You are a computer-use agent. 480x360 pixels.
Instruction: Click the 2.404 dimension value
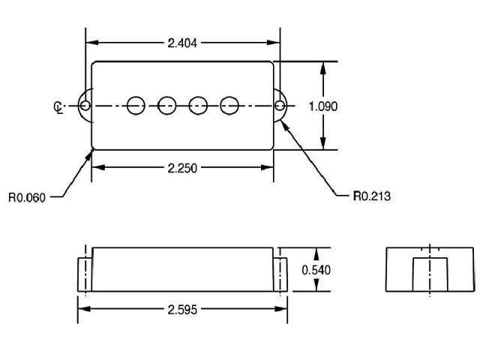coord(182,43)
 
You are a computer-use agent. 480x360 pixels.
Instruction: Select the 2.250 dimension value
coord(182,168)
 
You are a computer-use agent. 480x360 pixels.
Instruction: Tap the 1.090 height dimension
coord(323,106)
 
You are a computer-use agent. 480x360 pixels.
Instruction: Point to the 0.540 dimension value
coord(316,270)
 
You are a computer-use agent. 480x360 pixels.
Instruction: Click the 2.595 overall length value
coord(182,310)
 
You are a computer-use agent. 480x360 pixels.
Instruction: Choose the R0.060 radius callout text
coord(27,197)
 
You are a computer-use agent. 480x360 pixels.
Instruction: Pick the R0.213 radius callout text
coord(372,196)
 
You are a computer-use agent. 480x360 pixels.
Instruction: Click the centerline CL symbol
coord(58,108)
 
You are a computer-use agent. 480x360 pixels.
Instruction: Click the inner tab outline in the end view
coord(413,274)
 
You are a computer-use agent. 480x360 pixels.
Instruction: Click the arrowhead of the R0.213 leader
coord(285,126)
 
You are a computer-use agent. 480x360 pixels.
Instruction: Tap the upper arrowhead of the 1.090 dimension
coord(323,68)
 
